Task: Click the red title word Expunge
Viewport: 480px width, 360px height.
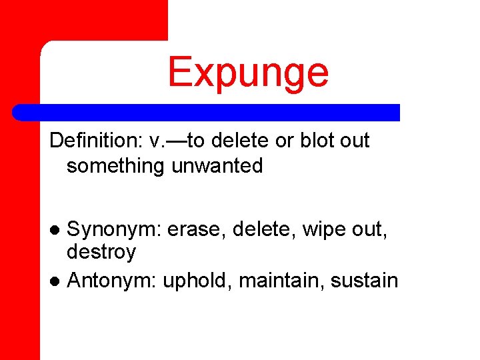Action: point(248,72)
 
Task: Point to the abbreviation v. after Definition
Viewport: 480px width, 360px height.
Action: point(157,141)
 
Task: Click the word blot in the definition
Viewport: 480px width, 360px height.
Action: point(315,141)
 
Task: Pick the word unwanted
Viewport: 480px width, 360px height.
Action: point(217,166)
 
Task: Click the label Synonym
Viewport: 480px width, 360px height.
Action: point(114,230)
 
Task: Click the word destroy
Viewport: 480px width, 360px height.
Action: point(101,252)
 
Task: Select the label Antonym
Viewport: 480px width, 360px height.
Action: point(111,281)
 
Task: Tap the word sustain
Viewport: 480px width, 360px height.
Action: point(367,281)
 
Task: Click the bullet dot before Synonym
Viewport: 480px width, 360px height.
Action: point(57,231)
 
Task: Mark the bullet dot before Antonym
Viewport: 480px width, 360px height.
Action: point(57,281)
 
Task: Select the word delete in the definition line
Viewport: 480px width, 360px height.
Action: point(245,141)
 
